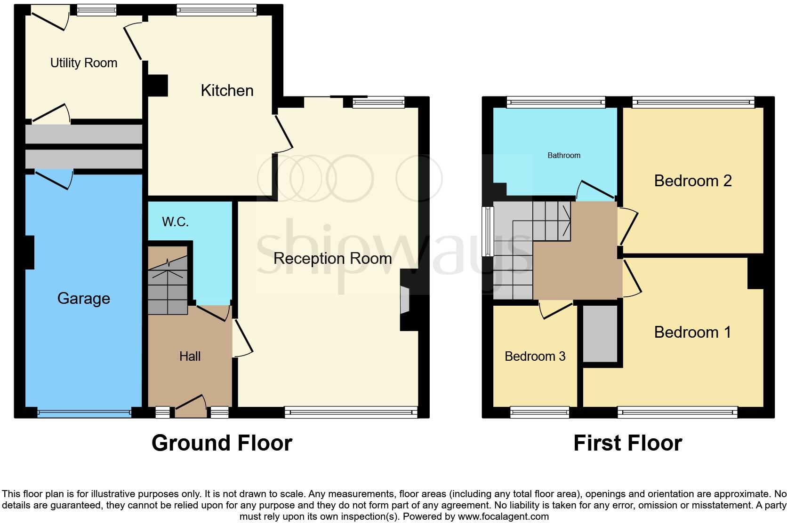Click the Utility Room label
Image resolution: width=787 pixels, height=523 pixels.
point(84,63)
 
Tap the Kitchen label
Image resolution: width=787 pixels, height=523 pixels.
point(227,90)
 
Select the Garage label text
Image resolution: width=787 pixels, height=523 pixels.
point(84,298)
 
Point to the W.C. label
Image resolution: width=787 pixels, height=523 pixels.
point(175,222)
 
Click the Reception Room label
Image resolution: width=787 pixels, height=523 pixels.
point(332,258)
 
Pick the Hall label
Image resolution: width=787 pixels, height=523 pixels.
point(190,356)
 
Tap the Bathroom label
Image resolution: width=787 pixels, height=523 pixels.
point(564,155)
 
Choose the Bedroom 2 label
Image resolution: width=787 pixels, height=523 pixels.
point(693,181)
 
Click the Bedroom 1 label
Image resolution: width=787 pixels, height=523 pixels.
point(693,332)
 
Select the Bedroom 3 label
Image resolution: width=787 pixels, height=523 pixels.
point(535,356)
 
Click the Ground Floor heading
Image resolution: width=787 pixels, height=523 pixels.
point(222,443)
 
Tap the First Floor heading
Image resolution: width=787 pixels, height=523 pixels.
point(627,443)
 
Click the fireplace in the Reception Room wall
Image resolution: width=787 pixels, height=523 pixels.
point(404,300)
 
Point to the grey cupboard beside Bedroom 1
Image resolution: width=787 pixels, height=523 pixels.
point(600,333)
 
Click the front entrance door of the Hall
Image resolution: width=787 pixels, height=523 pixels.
point(191,408)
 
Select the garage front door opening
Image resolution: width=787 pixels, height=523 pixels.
point(84,413)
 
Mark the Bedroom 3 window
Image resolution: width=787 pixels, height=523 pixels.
point(539,413)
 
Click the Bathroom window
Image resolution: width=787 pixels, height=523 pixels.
point(555,102)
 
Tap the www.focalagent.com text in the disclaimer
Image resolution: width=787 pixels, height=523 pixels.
point(503,516)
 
